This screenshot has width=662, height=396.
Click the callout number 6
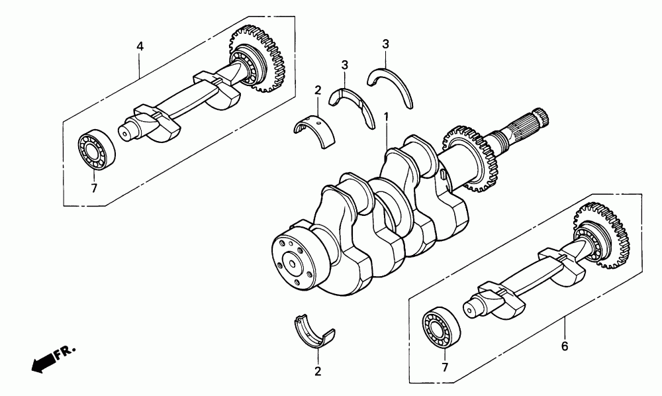click(x=565, y=346)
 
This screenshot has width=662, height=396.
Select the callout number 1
click(x=387, y=119)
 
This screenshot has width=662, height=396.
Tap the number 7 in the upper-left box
click(x=94, y=188)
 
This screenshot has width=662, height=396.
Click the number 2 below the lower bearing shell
click(x=318, y=371)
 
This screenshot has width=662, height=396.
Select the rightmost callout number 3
click(x=385, y=44)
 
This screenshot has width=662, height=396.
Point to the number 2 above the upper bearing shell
click(x=318, y=90)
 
